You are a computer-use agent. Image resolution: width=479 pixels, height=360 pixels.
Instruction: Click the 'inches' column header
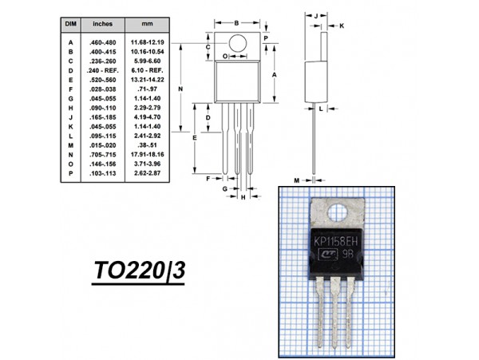click(x=102, y=25)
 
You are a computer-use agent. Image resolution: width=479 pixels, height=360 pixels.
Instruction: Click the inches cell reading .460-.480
click(x=103, y=42)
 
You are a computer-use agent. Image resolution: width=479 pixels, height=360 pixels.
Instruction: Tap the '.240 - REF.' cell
click(x=103, y=70)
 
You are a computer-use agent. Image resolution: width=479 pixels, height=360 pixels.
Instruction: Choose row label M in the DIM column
click(x=70, y=144)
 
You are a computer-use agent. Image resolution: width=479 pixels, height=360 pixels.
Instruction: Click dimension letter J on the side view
click(x=317, y=15)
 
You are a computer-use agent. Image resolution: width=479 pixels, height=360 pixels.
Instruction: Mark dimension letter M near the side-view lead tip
click(x=296, y=180)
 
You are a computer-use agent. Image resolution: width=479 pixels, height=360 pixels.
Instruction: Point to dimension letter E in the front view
click(x=196, y=138)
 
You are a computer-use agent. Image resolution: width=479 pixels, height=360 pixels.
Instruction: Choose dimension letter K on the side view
click(x=341, y=26)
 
